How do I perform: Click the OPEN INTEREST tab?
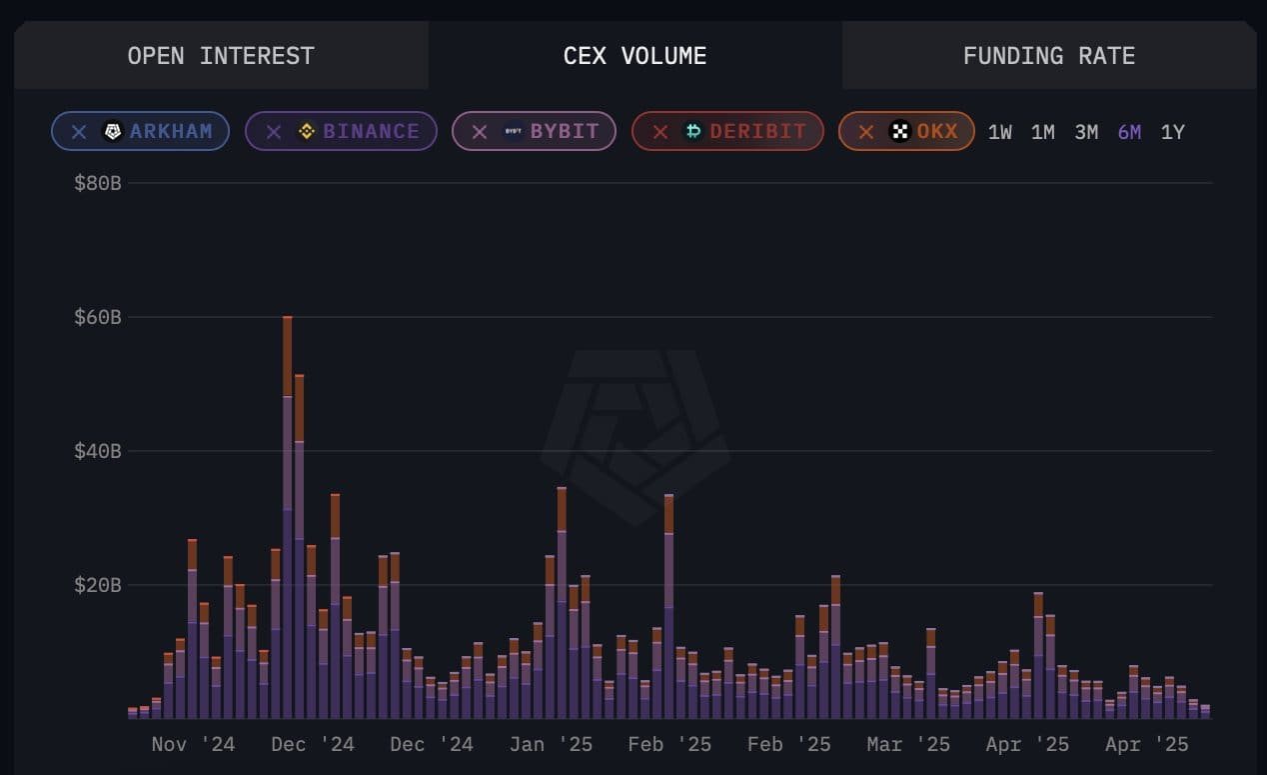(x=221, y=56)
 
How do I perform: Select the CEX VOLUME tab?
(x=634, y=56)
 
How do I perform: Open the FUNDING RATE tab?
(x=1048, y=56)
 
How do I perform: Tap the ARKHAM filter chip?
(x=140, y=131)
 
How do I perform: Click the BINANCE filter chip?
(x=341, y=131)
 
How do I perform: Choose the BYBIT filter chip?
(x=534, y=131)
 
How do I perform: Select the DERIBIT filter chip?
(x=727, y=131)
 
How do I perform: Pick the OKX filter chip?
(x=906, y=131)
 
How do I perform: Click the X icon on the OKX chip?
(x=866, y=132)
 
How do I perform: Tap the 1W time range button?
(x=999, y=132)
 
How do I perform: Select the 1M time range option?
(x=1042, y=132)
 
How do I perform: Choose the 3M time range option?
(x=1086, y=132)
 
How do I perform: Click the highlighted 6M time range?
(x=1129, y=132)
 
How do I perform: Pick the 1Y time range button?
(x=1172, y=132)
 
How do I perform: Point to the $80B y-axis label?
(x=97, y=183)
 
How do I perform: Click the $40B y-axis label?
(x=97, y=451)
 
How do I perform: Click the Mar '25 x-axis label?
(x=908, y=745)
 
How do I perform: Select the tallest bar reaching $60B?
(x=288, y=520)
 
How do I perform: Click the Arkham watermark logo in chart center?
(x=634, y=435)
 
